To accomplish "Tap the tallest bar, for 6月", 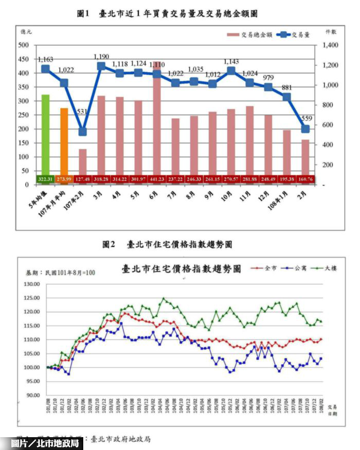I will (x=157, y=118).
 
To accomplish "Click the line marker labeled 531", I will (x=83, y=131).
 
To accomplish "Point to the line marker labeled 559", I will (x=305, y=129).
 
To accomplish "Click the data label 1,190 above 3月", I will (x=101, y=56).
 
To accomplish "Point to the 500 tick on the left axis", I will (x=24, y=45).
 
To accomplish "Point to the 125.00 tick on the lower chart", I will (x=31, y=298).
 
